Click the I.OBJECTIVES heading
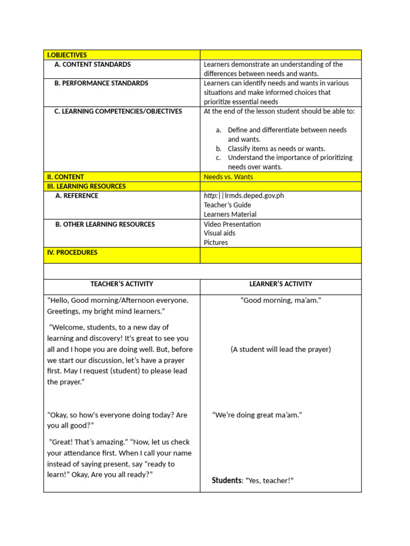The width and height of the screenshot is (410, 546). pos(67,55)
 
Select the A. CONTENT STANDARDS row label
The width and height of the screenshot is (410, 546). pos(92,65)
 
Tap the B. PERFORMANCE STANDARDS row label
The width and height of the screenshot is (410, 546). pos(101,83)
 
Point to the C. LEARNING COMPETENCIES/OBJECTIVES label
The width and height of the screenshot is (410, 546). pos(118,111)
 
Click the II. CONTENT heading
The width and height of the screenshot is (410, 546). pos(65,177)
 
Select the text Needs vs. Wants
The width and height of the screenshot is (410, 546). pos(228,177)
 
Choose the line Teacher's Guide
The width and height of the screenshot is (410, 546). pos(227,205)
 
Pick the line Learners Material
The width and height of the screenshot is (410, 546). pos(230,214)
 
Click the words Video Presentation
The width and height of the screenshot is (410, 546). pos(232,224)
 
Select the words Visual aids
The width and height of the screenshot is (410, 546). pos(219,233)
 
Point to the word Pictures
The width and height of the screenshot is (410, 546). pos(216,243)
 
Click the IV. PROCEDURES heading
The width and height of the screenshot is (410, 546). pos(72,253)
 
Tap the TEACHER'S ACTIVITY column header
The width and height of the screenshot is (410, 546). pos(122,284)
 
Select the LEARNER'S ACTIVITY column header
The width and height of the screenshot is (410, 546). pos(281,284)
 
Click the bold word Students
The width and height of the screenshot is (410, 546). pos(226,480)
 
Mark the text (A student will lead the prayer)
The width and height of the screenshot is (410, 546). pos(281,349)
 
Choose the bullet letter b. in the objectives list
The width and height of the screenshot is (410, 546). pos(218,149)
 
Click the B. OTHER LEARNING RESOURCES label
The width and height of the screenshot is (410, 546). pos(105,224)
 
